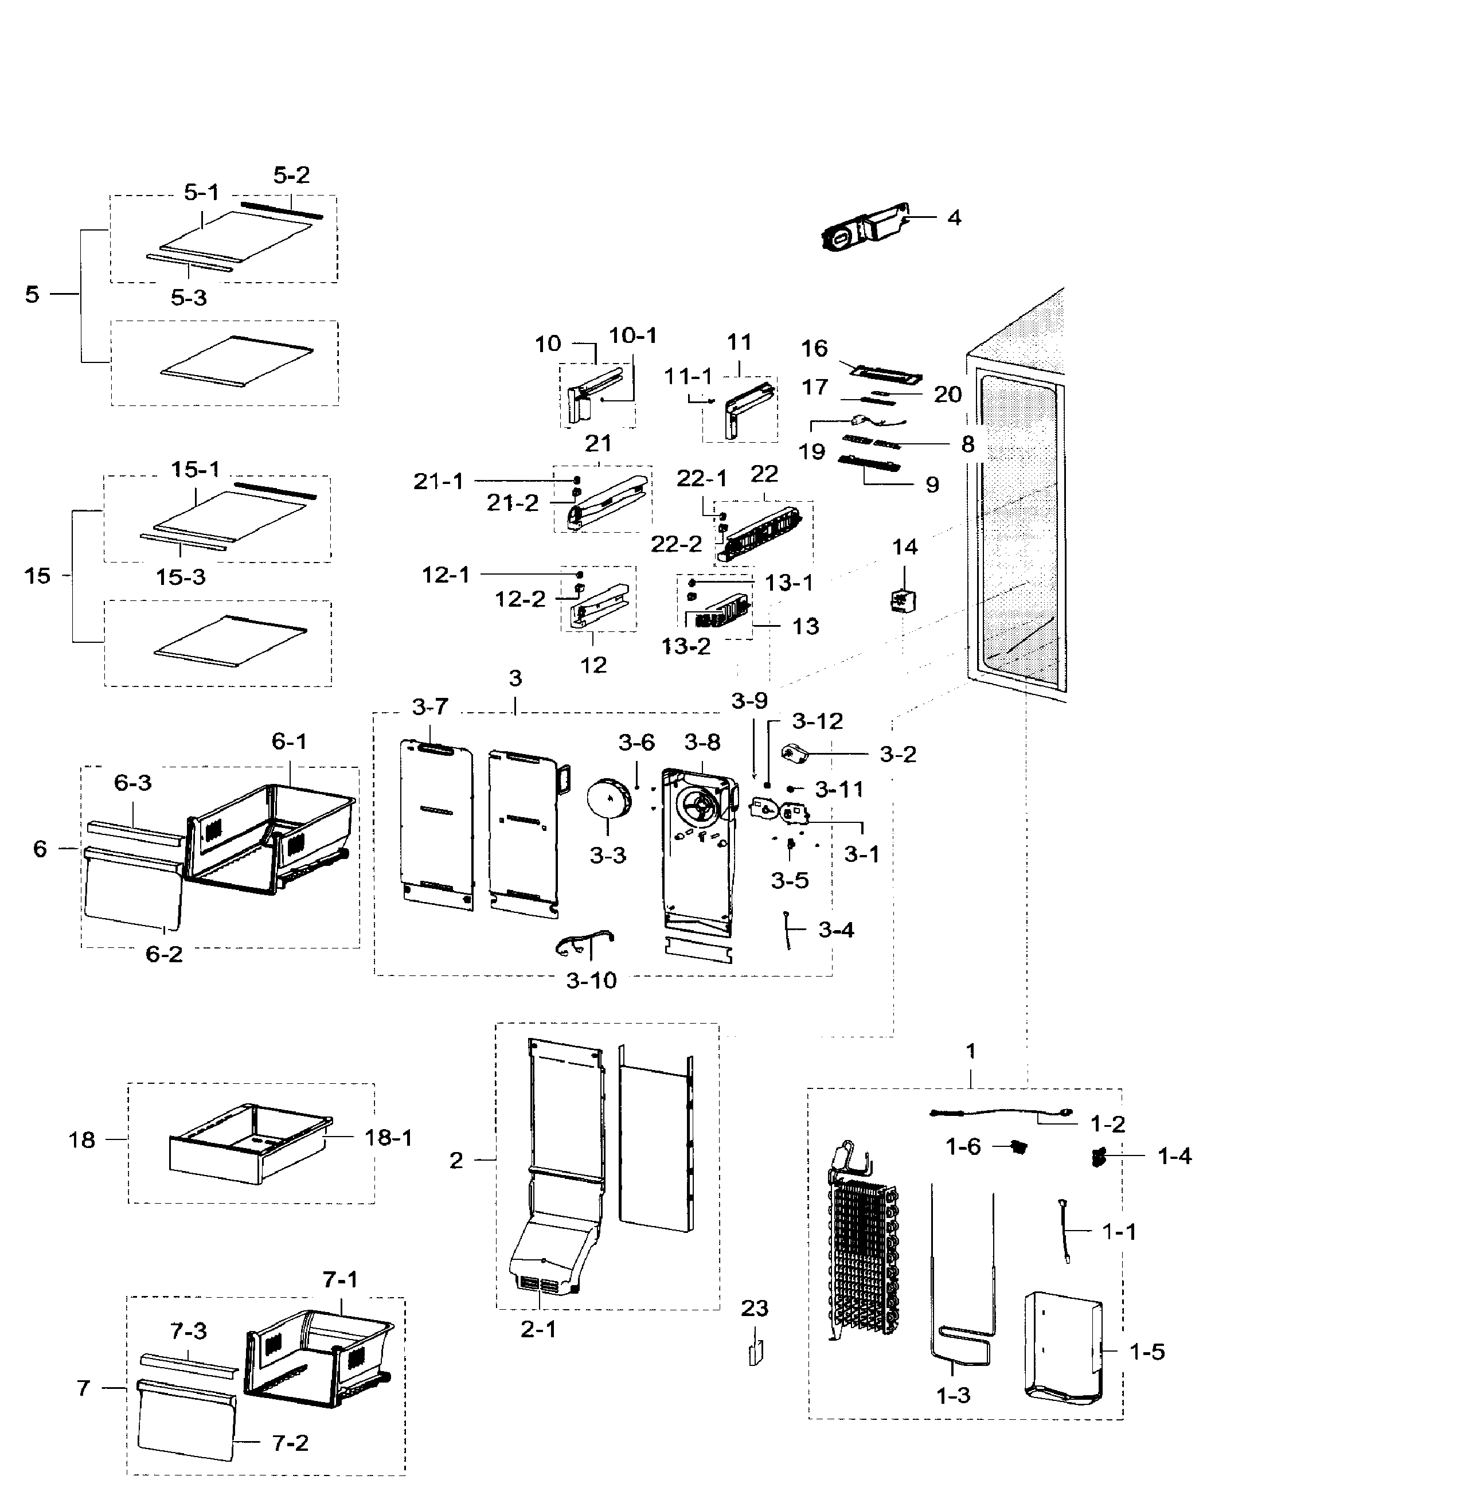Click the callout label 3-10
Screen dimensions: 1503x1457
tap(591, 980)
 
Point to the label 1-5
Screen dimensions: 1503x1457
tap(1147, 1352)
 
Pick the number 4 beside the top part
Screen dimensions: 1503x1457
tap(954, 218)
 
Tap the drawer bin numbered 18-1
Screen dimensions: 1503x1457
tap(249, 1142)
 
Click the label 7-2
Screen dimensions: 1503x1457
tap(290, 1443)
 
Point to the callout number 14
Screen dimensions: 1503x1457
tap(905, 546)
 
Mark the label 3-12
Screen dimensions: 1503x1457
tap(818, 721)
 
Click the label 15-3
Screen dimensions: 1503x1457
tap(181, 577)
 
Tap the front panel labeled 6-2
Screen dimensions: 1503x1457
tap(132, 889)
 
